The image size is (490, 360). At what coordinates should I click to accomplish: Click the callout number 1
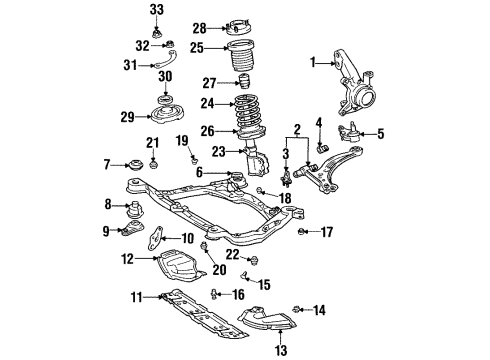[x=314, y=62]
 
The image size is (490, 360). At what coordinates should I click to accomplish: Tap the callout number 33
[x=156, y=10]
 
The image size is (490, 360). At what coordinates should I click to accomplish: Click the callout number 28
[x=199, y=28]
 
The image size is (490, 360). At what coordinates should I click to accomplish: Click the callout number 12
[x=126, y=259]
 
